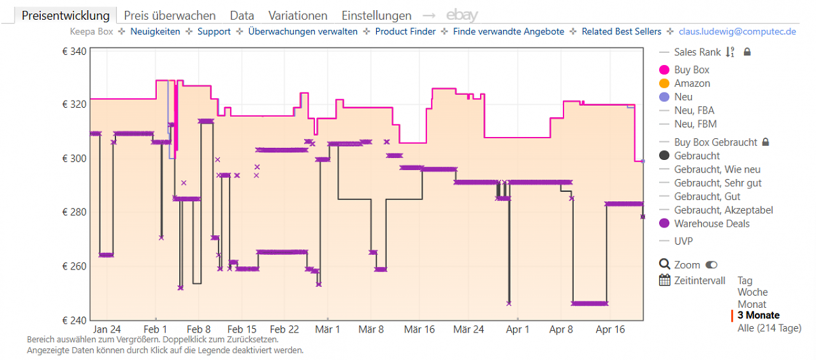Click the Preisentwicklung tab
[x=66, y=16]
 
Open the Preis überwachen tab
[x=170, y=16]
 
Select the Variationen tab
[x=298, y=16]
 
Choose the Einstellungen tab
[x=376, y=16]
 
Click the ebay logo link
[x=462, y=15]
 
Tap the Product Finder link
[x=405, y=32]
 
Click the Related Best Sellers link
[x=621, y=32]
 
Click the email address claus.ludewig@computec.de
[x=737, y=32]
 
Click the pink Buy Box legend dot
[x=664, y=70]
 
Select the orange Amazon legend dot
[x=664, y=83]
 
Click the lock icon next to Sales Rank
[x=747, y=52]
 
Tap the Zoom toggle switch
[x=711, y=264]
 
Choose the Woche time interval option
[x=752, y=292]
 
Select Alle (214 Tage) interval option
[x=769, y=328]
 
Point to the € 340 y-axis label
[x=74, y=52]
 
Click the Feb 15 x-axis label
[x=242, y=329]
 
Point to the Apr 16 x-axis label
[x=610, y=329]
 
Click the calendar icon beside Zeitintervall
[x=664, y=280]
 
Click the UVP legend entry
[x=683, y=241]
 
